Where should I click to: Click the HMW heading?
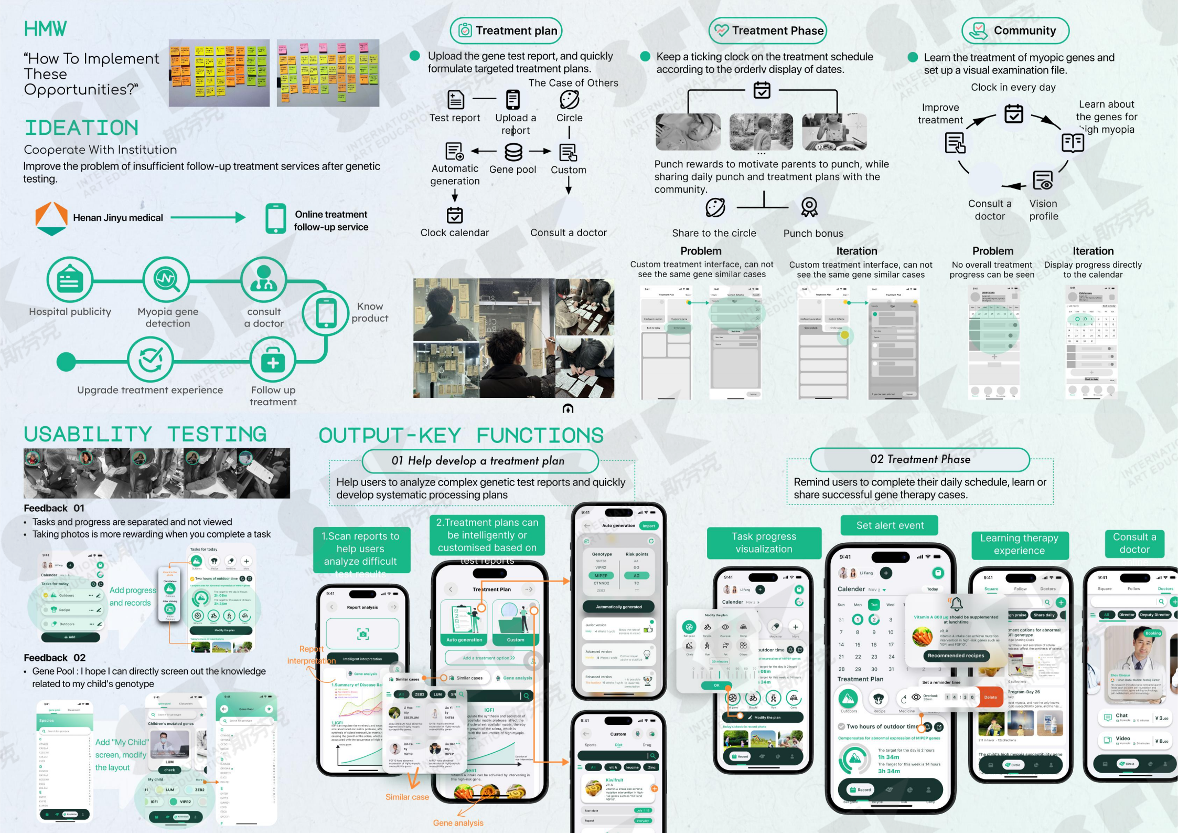tap(46, 29)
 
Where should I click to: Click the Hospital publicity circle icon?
tap(70, 280)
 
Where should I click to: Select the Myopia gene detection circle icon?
tap(167, 279)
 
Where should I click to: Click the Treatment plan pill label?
tap(506, 31)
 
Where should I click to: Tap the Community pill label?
tap(1015, 31)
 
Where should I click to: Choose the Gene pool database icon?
tap(513, 152)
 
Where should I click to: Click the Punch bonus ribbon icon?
tap(809, 207)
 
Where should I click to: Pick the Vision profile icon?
tap(1043, 181)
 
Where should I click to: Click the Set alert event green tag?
tap(890, 525)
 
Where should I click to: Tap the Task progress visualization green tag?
tap(764, 543)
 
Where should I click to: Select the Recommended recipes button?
tap(956, 655)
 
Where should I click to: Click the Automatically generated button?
tap(618, 607)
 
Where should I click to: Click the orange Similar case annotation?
tap(407, 797)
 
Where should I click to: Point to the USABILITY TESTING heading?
tap(145, 435)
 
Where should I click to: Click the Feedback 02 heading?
tap(55, 658)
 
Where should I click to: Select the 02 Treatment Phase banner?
tap(920, 460)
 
